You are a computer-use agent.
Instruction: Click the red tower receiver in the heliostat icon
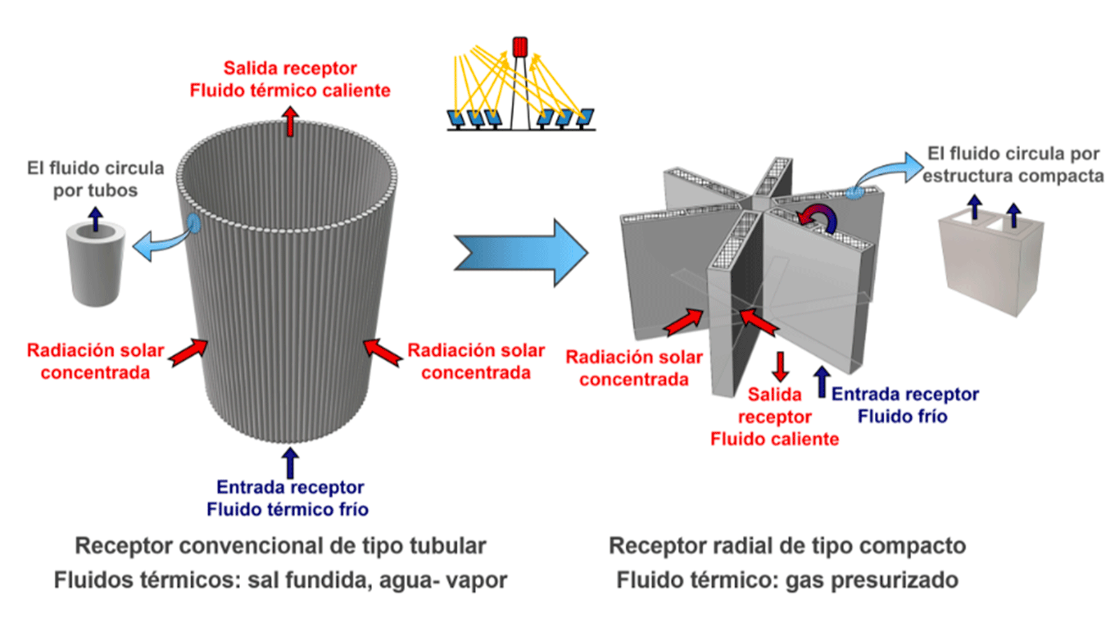520,47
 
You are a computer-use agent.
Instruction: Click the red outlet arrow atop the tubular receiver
291,121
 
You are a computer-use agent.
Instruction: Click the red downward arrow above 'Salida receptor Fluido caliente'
780,366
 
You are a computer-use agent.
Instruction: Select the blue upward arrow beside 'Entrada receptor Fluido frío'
822,381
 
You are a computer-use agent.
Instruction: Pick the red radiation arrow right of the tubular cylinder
382,353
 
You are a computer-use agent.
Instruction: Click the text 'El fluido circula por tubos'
96,179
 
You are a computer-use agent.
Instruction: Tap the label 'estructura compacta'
1013,176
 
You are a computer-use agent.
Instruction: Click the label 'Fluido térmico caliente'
290,91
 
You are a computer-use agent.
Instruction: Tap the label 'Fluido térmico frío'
287,510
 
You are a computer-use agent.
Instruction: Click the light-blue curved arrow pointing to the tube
159,246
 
